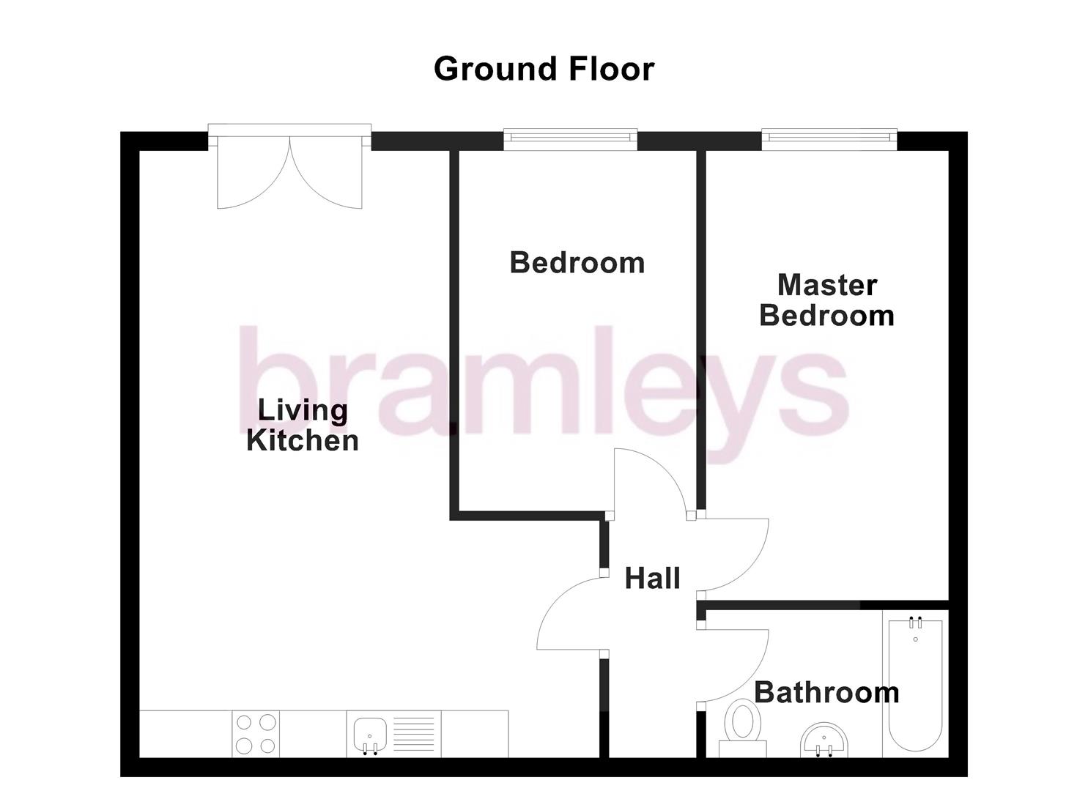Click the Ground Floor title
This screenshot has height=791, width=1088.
544,69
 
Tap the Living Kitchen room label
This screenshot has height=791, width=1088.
302,426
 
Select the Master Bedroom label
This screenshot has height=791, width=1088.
826,300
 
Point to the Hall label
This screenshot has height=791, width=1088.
652,579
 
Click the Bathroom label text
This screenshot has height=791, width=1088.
826,692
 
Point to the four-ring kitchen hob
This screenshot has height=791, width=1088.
256,734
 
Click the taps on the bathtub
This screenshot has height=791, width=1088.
915,624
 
